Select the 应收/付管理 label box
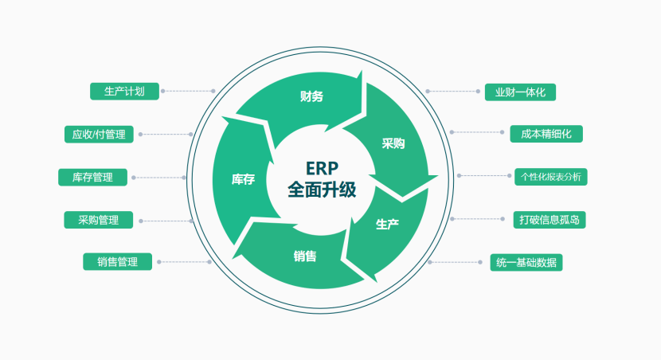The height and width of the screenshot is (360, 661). [x=99, y=135]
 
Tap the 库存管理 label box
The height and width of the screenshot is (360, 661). [x=92, y=177]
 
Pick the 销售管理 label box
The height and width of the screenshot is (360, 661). [x=118, y=261]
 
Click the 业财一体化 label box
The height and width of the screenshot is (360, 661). [x=520, y=92]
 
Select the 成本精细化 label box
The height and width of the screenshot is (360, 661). [x=546, y=134]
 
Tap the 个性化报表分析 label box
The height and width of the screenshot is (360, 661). [x=550, y=177]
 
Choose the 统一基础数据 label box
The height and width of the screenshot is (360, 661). [x=526, y=262]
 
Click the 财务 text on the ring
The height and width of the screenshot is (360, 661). [x=311, y=96]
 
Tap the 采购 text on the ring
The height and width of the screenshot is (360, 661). [x=393, y=143]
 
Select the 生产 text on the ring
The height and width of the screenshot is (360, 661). [x=387, y=224]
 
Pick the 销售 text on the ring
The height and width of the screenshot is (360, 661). [x=304, y=256]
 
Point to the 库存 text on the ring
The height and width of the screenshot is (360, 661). [x=243, y=179]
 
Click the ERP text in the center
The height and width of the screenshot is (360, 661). [x=322, y=168]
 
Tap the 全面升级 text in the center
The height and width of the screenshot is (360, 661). [x=322, y=190]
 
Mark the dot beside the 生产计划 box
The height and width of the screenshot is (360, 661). [x=162, y=91]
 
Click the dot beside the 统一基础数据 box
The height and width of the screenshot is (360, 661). [x=428, y=262]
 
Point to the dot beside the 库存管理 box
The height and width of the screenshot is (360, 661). [x=133, y=177]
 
